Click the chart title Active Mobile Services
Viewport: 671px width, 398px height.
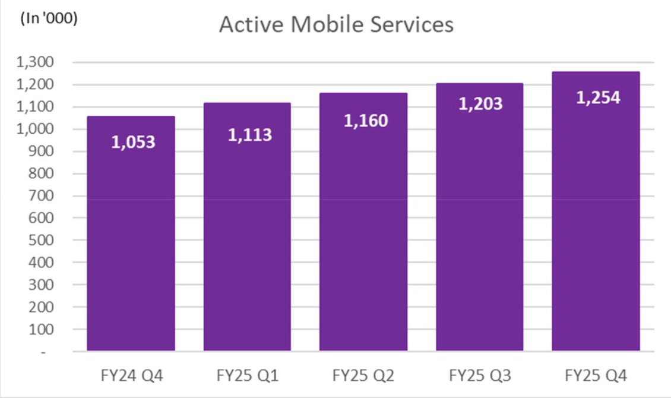[x=336, y=24]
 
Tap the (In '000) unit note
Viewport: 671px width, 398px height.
[x=49, y=18]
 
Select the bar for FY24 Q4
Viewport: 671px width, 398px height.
[x=131, y=238]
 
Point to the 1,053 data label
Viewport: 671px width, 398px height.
[x=133, y=143]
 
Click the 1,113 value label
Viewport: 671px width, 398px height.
[x=249, y=135]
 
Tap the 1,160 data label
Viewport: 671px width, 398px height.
[x=366, y=121]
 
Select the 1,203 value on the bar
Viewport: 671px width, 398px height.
[x=480, y=104]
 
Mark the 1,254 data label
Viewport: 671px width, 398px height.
[x=598, y=98]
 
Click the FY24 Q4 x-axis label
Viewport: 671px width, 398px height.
[x=131, y=376]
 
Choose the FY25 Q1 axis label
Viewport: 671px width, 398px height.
[x=247, y=376]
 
